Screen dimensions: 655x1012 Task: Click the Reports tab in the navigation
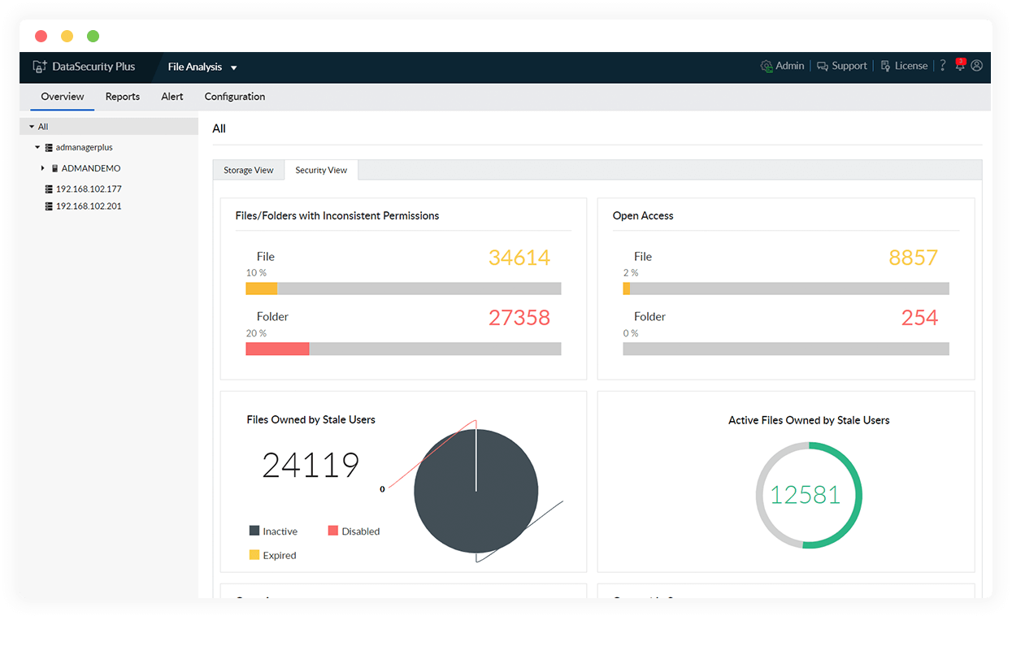123,97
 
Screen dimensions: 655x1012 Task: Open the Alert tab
172,97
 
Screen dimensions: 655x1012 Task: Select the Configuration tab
235,97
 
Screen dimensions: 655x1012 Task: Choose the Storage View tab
249,171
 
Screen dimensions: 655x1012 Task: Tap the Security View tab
321,171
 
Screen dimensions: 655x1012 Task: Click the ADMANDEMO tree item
91,168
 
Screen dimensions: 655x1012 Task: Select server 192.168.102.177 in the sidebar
89,189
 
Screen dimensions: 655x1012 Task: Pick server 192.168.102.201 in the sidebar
89,206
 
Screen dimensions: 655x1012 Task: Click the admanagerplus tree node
84,148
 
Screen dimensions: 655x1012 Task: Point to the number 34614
519,258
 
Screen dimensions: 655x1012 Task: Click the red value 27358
519,318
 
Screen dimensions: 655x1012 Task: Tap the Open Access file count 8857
913,258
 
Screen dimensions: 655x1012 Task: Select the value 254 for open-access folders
919,318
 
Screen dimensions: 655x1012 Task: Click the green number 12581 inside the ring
805,495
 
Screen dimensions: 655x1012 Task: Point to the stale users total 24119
311,466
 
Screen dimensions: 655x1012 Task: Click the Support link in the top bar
849,67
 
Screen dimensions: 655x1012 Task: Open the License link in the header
910,67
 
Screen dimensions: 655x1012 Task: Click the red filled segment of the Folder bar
277,349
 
